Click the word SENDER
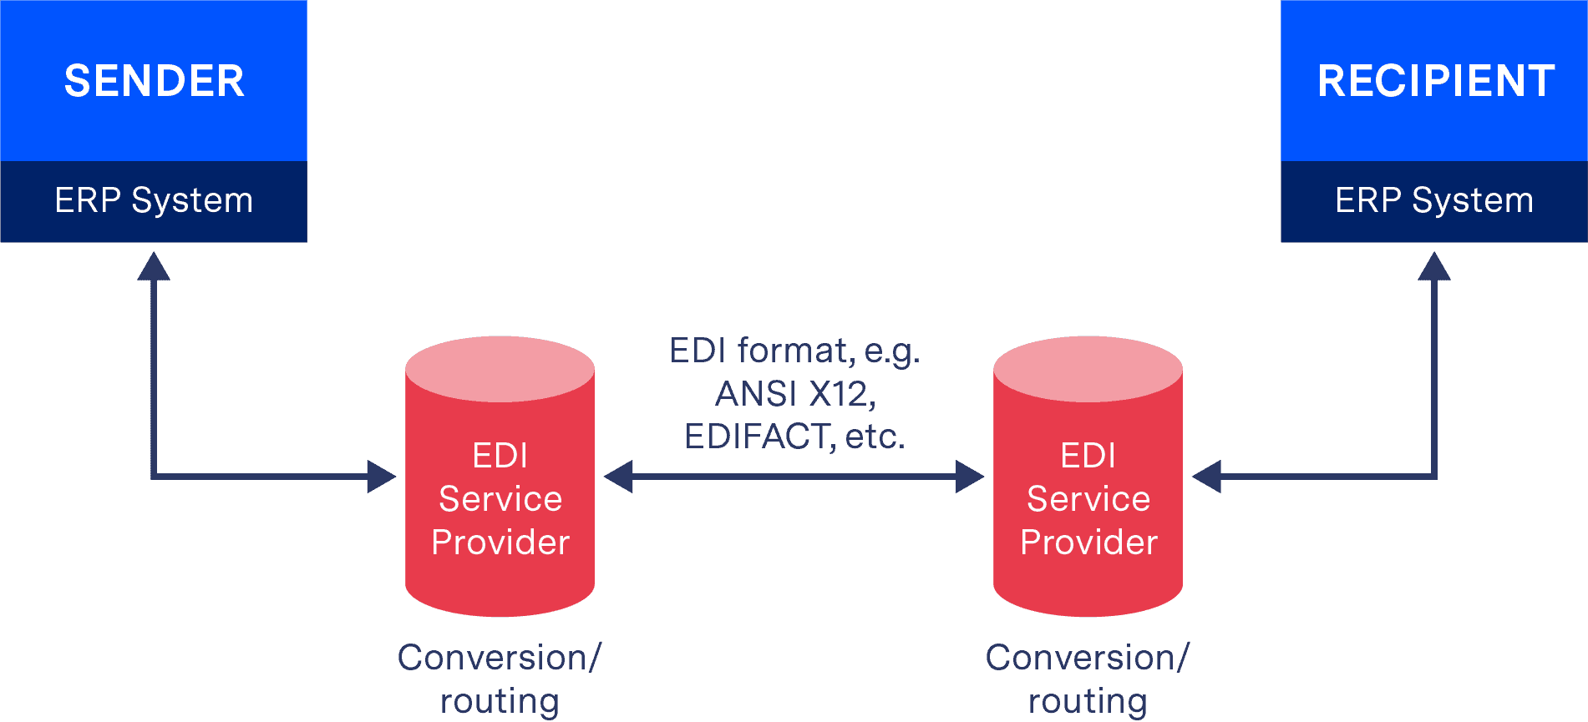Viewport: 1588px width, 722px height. pyautogui.click(x=155, y=81)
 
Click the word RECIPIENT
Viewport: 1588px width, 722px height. pyautogui.click(x=1435, y=81)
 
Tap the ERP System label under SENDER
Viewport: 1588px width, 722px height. pyautogui.click(x=154, y=200)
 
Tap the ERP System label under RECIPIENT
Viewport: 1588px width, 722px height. pyautogui.click(x=1434, y=200)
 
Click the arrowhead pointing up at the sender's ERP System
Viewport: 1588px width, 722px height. pyautogui.click(x=154, y=267)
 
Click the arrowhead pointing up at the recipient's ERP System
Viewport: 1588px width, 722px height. pyautogui.click(x=1434, y=267)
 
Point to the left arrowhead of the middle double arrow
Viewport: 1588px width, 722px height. pyautogui.click(x=618, y=477)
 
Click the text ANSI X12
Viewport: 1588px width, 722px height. pyautogui.click(x=795, y=394)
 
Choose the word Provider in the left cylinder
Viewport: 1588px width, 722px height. pyautogui.click(x=500, y=543)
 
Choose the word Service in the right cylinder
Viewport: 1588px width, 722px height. pyautogui.click(x=1088, y=499)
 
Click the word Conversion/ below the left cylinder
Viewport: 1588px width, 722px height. pyautogui.click(x=500, y=658)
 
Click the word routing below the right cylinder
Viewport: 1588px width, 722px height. pyautogui.click(x=1088, y=701)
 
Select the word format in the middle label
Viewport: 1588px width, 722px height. pyautogui.click(x=796, y=351)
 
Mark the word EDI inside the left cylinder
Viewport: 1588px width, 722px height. pyautogui.click(x=500, y=456)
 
